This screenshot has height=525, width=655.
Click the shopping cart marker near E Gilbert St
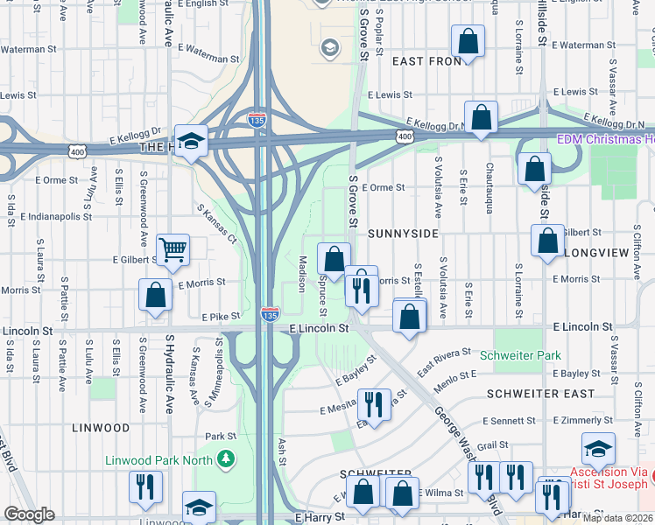pos(173,248)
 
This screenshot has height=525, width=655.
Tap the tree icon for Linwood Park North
pos(226,458)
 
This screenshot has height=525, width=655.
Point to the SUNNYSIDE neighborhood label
pos(402,235)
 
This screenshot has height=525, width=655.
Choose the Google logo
pos(30,514)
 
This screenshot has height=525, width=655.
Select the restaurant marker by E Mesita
pos(374,404)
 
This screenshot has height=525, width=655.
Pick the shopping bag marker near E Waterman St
pos(468,40)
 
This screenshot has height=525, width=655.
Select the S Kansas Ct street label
pos(216,225)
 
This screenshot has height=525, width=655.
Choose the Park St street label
pos(221,436)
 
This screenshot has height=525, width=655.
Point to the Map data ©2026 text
pos(617,518)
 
